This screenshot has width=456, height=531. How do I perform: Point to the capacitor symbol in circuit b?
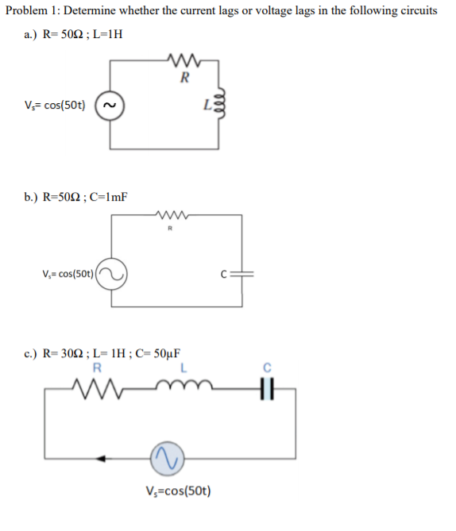[240, 275]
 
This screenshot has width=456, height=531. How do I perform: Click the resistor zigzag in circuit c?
[97, 389]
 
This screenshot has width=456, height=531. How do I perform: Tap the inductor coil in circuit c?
[184, 387]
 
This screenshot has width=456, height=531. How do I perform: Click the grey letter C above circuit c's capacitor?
[268, 367]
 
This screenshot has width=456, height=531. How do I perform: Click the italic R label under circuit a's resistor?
[184, 78]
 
